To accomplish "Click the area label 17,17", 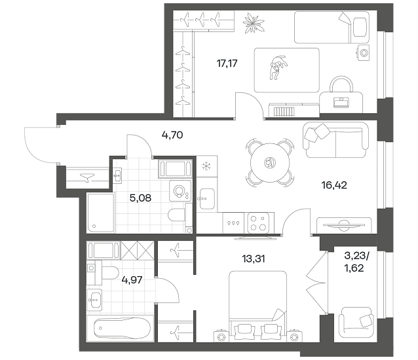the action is click(x=227, y=63).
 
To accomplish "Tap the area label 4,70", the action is click(x=172, y=135).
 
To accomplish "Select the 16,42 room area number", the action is click(x=334, y=185).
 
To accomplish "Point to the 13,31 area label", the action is click(x=254, y=259).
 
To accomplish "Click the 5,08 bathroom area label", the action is click(x=140, y=198).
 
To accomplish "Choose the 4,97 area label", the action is click(x=132, y=280).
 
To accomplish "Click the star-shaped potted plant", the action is click(x=254, y=23).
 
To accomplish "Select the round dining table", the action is click(x=270, y=162).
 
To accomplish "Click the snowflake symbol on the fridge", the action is click(x=206, y=166).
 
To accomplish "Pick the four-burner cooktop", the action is click(x=258, y=223).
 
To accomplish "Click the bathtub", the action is click(x=121, y=328).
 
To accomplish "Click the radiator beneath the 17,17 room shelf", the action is click(x=284, y=111).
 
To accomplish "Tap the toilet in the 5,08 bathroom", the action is click(x=177, y=215).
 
